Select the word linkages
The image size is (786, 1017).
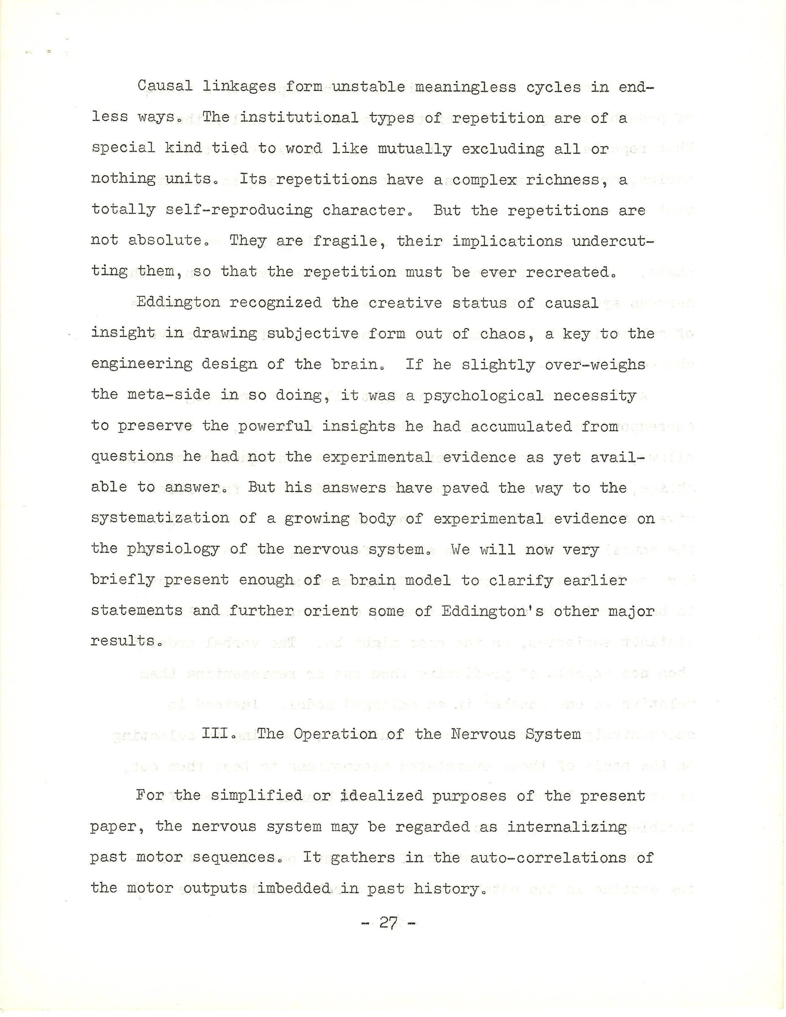[239, 87]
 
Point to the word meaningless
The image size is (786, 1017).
[465, 87]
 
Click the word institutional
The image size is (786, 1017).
[299, 118]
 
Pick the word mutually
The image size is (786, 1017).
[414, 149]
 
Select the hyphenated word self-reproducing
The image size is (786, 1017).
[239, 211]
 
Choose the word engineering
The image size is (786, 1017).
[141, 364]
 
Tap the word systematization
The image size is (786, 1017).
[160, 518]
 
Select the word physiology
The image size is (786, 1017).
[173, 550]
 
